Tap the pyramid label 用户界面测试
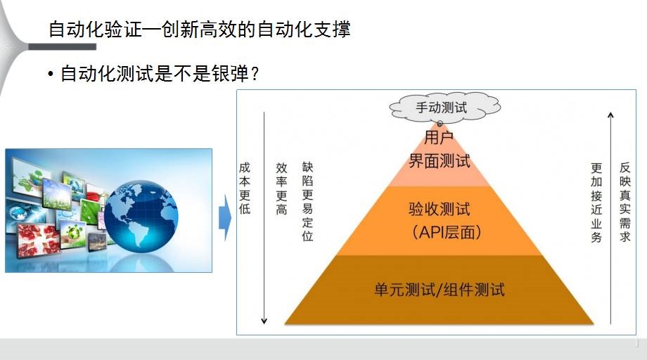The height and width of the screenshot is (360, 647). point(440,149)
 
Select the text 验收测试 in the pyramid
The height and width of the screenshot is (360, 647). point(440,209)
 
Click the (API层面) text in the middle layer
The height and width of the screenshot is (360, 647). point(446,232)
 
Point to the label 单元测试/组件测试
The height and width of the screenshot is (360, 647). point(440,290)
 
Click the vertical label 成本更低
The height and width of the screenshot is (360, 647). point(245,188)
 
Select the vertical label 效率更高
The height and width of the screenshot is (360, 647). point(281,188)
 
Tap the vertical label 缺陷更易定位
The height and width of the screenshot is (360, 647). point(307,201)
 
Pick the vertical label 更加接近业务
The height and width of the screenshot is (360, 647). point(596,202)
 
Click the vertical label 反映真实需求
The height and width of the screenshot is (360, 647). point(624,202)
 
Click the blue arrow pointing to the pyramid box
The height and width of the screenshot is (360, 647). point(225,218)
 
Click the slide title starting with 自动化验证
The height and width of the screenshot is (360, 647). point(200,30)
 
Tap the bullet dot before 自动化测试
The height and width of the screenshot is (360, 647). point(51,75)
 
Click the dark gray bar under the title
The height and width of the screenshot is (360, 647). point(62,46)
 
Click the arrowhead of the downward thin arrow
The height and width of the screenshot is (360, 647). point(264,321)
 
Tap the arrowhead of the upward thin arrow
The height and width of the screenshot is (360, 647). point(610,115)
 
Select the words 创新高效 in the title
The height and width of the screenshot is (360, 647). point(199,30)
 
